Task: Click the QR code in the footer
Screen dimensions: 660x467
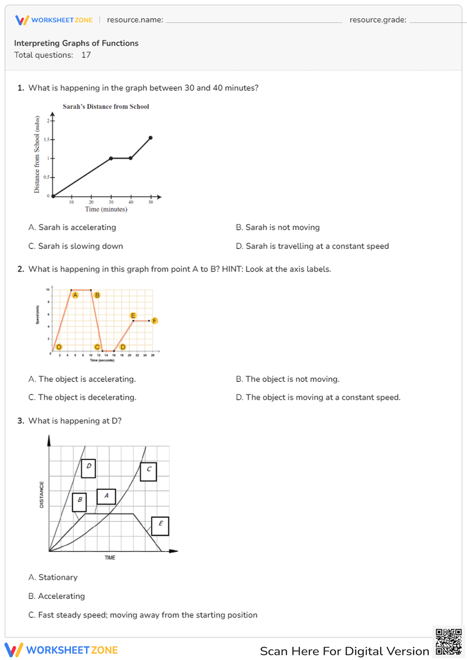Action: point(448,642)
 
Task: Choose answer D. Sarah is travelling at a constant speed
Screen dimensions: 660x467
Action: point(312,246)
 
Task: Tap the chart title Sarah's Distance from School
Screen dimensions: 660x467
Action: point(106,106)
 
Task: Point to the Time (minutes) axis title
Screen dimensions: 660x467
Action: point(106,209)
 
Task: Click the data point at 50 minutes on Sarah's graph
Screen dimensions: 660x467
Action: point(150,138)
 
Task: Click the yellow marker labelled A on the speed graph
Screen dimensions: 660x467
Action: point(75,295)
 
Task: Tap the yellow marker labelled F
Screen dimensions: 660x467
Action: point(155,321)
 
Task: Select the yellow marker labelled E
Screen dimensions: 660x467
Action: point(133,316)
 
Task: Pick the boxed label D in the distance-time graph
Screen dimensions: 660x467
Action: point(88,468)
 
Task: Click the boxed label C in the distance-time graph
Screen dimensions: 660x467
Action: point(149,471)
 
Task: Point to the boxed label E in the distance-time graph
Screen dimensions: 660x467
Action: point(160,526)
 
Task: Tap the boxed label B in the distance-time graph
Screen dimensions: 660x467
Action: point(79,502)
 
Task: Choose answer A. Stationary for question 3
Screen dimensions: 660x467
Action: point(53,577)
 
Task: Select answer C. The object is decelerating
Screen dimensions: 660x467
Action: point(82,397)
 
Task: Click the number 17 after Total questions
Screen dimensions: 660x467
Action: point(86,55)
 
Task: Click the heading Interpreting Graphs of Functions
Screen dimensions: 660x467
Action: point(76,43)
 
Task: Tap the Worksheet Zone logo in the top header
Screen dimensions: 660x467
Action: point(54,20)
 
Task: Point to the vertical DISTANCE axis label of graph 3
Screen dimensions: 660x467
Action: point(42,495)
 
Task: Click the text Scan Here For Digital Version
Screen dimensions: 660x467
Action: point(344,651)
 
